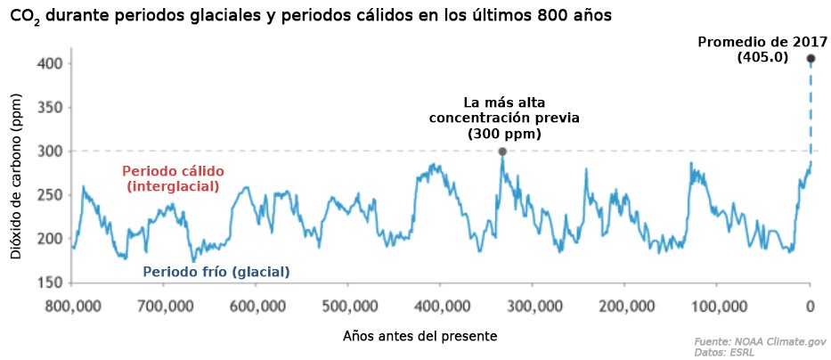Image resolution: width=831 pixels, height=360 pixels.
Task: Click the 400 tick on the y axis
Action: point(49,64)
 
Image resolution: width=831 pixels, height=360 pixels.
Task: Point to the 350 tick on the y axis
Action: point(49,108)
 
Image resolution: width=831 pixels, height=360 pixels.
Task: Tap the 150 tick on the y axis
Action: point(49,283)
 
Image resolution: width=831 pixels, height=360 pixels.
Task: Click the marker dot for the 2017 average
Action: point(811,59)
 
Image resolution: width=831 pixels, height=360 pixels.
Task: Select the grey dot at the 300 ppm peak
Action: point(502,151)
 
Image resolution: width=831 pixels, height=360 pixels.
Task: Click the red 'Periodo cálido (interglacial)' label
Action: point(173,178)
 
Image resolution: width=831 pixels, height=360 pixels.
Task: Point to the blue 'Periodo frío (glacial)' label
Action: point(216,271)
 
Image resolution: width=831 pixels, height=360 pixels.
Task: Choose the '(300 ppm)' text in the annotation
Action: point(504,134)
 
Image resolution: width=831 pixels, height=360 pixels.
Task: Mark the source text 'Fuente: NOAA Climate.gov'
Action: point(760,340)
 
